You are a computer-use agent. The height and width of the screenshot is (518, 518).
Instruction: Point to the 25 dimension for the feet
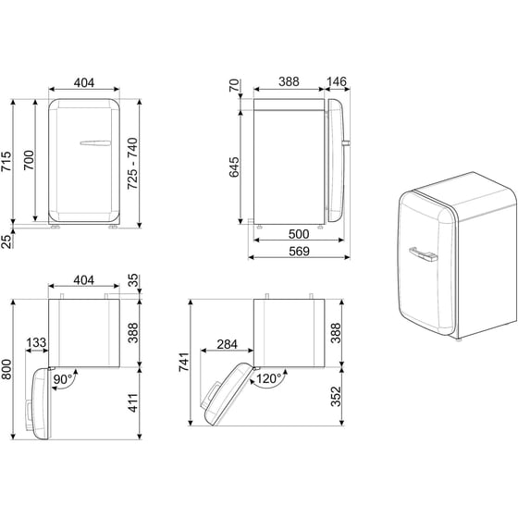8,242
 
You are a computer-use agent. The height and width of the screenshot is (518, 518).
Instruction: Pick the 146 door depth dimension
336,82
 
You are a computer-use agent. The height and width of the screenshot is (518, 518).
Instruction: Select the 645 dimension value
235,166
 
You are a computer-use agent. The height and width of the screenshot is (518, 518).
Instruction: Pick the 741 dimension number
186,364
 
